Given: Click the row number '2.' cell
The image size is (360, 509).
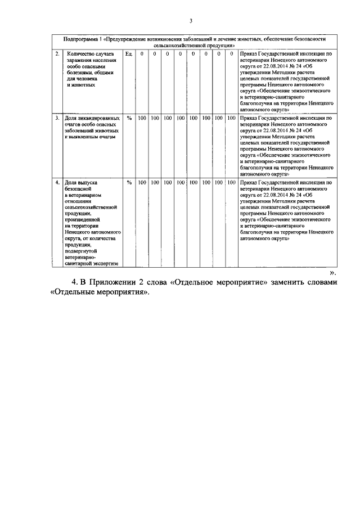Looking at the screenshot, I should [x=57, y=53].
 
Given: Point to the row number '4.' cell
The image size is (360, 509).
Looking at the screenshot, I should [x=57, y=183].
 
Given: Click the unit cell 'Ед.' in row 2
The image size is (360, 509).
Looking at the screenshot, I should [x=129, y=53].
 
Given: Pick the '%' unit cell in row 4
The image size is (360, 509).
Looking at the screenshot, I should [x=129, y=183].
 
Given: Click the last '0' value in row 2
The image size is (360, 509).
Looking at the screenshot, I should [x=231, y=53].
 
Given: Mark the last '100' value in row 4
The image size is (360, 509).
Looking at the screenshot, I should [x=231, y=183].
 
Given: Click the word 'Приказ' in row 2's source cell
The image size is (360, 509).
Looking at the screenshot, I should [x=249, y=53].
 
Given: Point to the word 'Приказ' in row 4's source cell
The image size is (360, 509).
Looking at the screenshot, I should [x=249, y=183].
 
